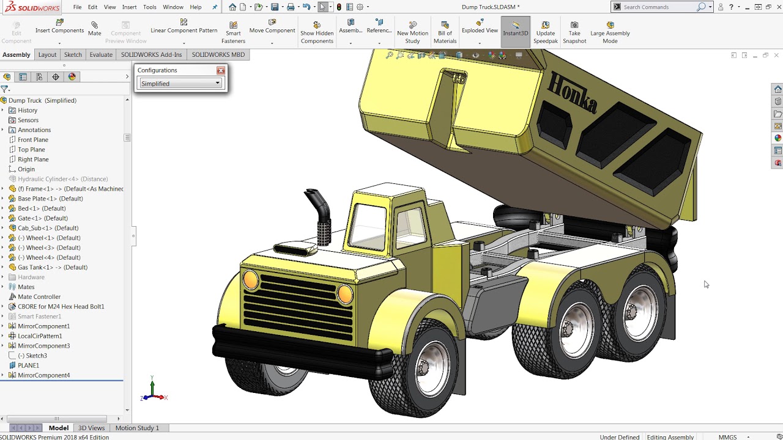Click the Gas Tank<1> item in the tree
coord(52,267)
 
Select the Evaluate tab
coord(101,54)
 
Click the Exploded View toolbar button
coord(480,30)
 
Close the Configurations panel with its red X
coord(221,70)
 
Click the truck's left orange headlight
coord(251,280)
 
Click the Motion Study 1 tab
coord(137,428)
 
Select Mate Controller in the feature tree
coord(39,296)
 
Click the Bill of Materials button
coord(445,33)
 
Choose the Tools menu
coord(149,7)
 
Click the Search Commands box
coord(658,7)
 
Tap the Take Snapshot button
coord(574,33)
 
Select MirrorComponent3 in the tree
coord(43,345)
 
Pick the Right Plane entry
coord(33,159)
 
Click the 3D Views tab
coord(91,428)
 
